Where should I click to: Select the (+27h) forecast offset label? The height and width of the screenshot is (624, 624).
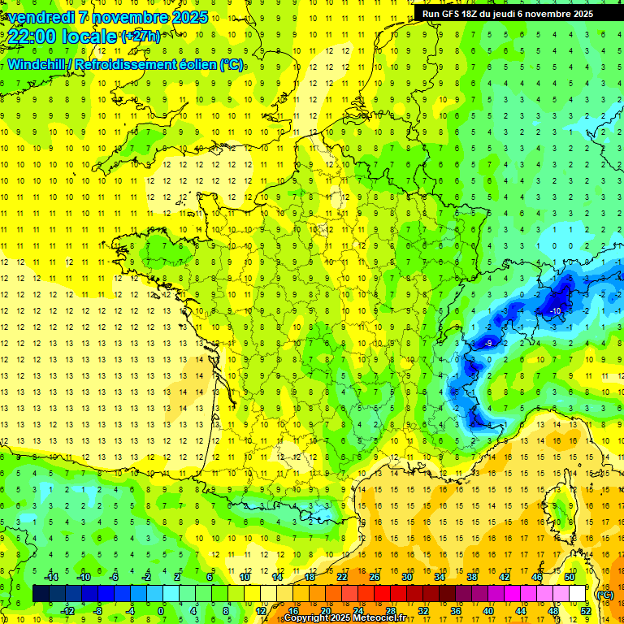[141, 37]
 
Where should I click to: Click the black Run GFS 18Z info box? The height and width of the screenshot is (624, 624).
[504, 13]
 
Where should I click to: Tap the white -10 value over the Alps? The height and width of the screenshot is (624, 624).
[556, 311]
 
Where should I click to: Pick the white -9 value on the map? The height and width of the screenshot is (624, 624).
[488, 344]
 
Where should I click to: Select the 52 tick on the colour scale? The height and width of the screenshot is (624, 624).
[586, 610]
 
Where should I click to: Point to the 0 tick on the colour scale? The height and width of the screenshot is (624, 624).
[161, 610]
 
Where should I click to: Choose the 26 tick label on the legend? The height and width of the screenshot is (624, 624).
[375, 577]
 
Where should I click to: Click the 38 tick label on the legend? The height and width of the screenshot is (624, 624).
[471, 577]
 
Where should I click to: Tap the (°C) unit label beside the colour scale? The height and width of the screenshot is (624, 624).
[605, 595]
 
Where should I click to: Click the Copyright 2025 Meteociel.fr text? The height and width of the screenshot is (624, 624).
[344, 618]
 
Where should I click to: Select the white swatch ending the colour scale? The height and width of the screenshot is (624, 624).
[578, 594]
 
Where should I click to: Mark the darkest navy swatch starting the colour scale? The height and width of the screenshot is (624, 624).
[41, 594]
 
